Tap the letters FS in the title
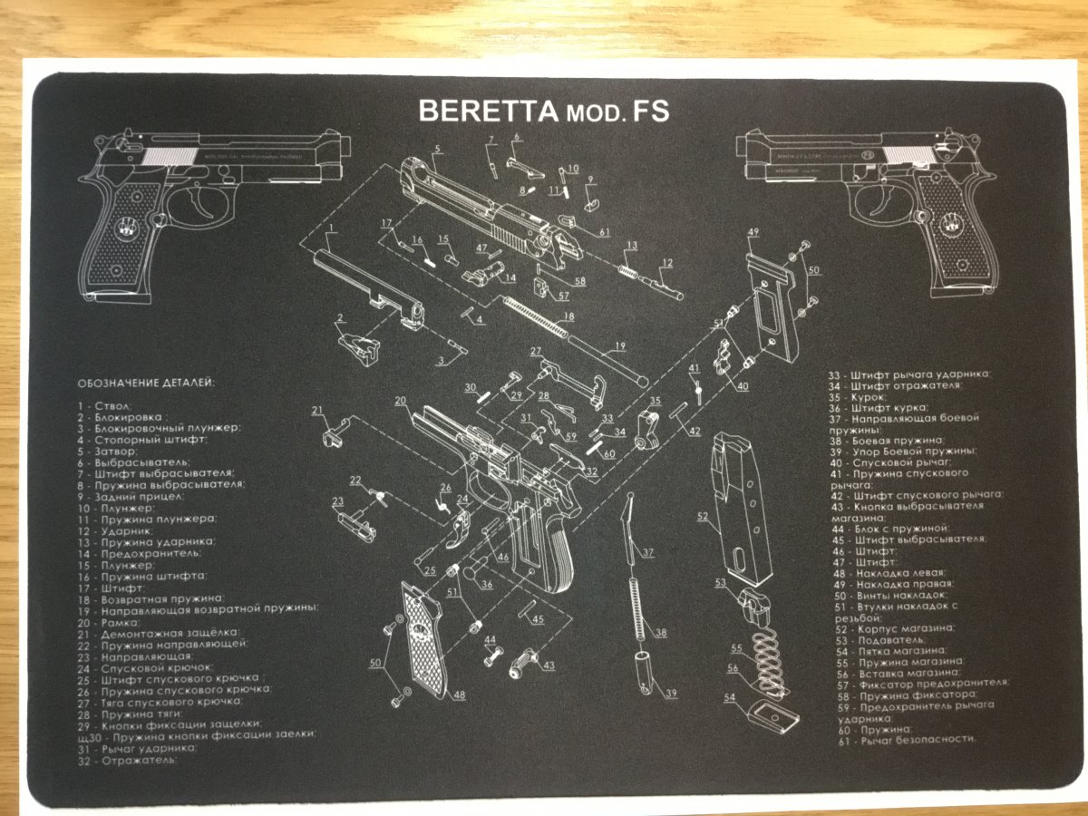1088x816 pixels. (652, 111)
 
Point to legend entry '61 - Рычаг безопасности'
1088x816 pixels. (908, 739)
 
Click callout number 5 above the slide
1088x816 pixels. (437, 149)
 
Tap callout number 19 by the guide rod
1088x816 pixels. (620, 345)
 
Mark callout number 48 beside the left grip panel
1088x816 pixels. (460, 695)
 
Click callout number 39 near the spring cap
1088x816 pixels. (671, 695)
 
